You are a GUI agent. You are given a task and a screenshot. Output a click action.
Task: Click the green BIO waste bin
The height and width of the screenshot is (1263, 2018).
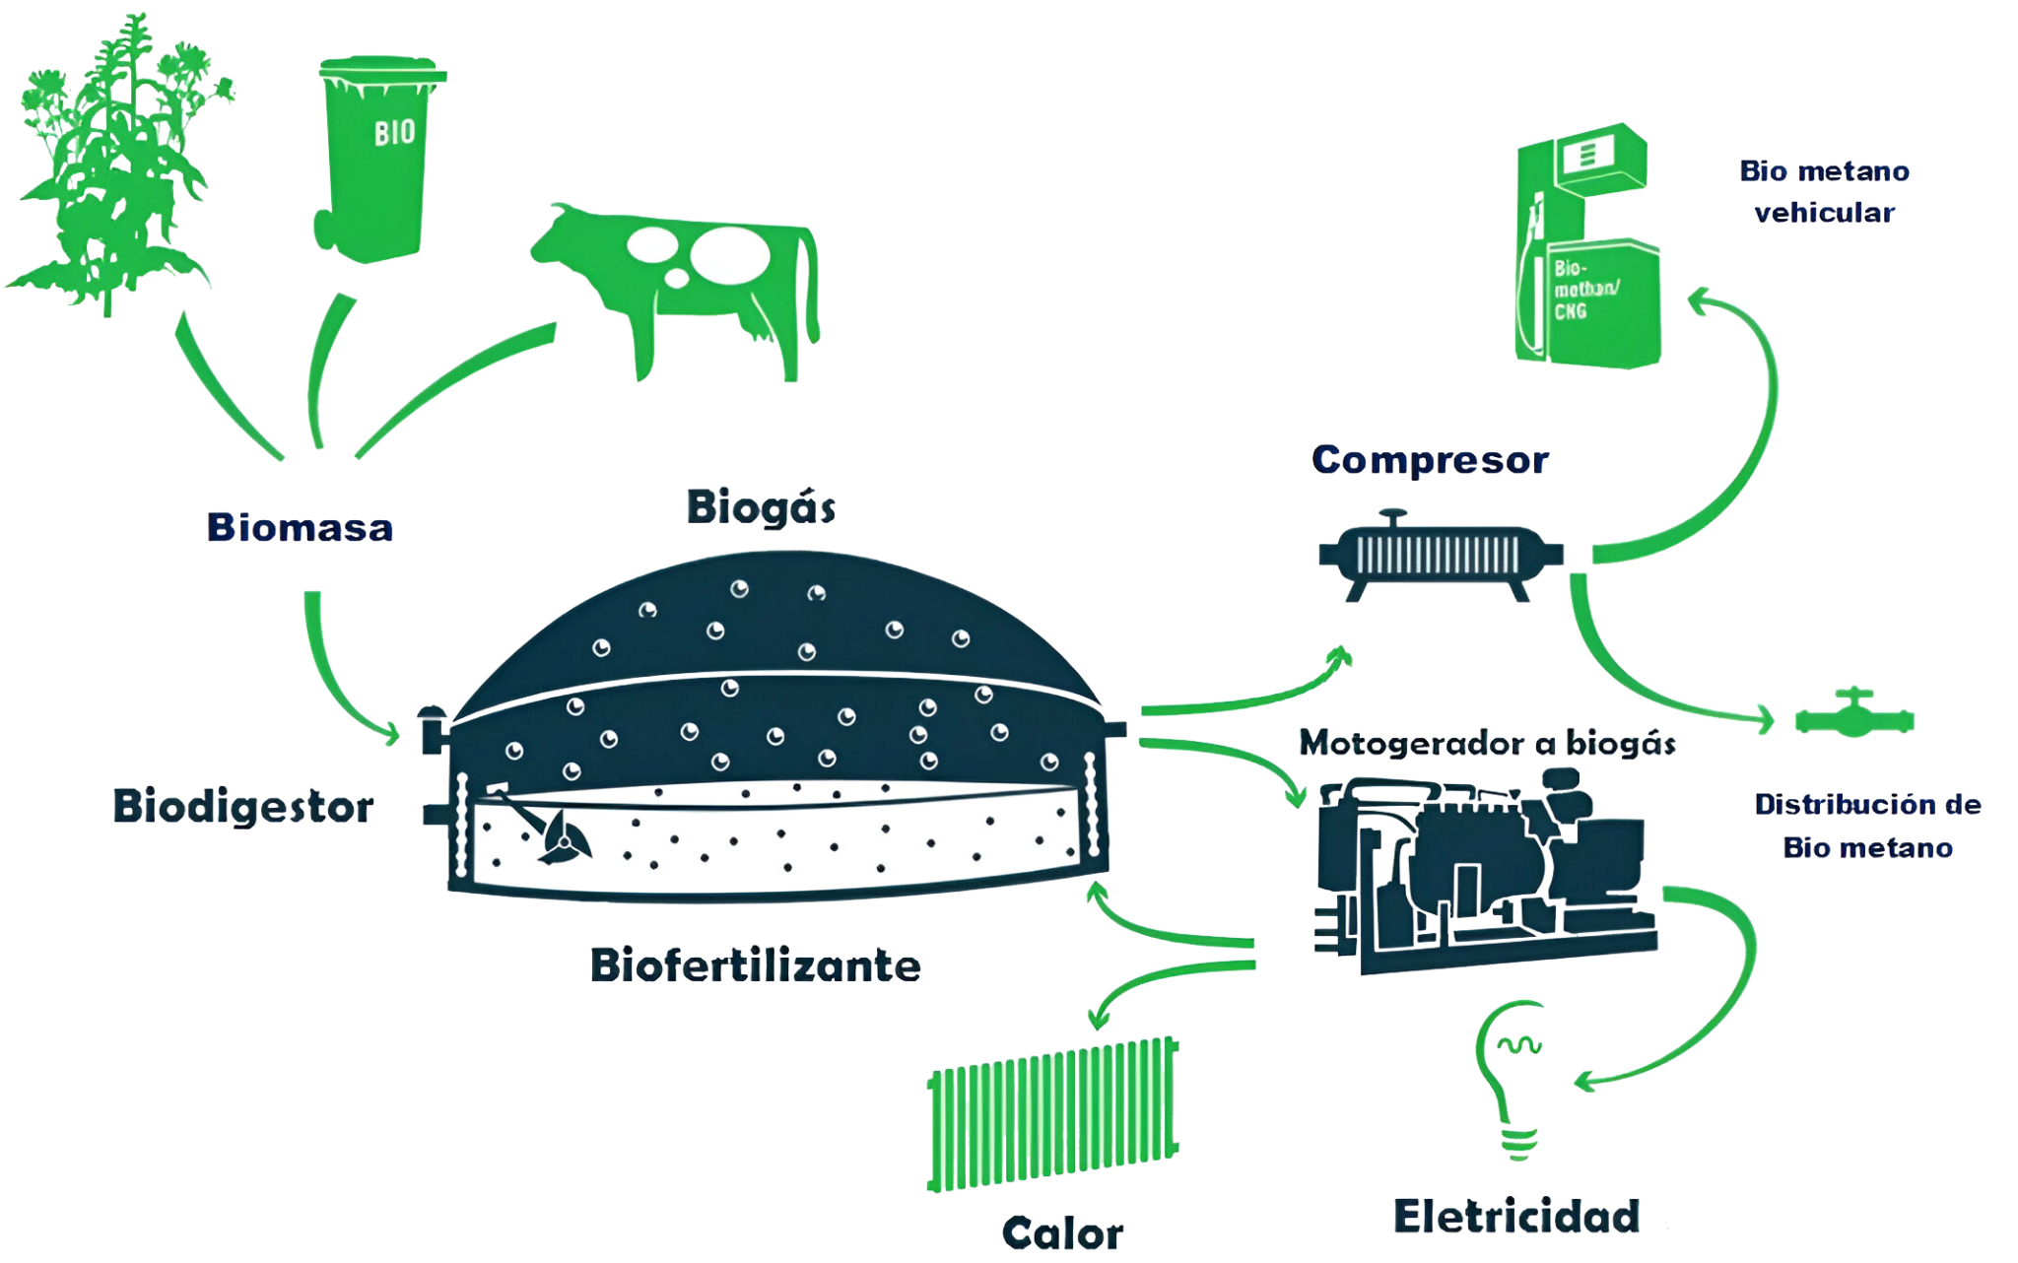tap(378, 158)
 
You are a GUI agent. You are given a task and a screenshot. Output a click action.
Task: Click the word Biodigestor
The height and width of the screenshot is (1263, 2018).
tap(243, 807)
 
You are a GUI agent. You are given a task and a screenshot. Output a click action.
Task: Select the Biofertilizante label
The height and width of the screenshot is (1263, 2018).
tap(756, 965)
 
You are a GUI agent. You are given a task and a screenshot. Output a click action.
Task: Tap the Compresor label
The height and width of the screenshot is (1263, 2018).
tap(1431, 460)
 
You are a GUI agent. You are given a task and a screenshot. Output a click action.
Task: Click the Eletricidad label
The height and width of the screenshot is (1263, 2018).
tap(1516, 1216)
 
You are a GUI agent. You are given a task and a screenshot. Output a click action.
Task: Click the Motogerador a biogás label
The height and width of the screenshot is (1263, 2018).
tap(1487, 743)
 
